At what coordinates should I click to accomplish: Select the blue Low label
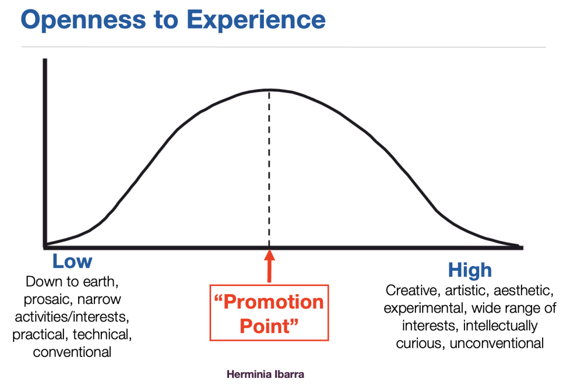click(72, 261)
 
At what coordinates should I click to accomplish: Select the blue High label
click(470, 270)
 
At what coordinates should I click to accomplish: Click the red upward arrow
click(269, 266)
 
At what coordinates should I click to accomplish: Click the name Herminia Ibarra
click(265, 374)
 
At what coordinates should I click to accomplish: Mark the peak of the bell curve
click(269, 90)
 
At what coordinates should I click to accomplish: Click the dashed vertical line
click(269, 169)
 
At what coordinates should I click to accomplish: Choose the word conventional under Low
click(72, 352)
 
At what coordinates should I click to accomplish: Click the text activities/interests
click(72, 317)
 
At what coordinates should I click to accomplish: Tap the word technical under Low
click(102, 335)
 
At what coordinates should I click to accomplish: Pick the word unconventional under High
click(497, 343)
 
